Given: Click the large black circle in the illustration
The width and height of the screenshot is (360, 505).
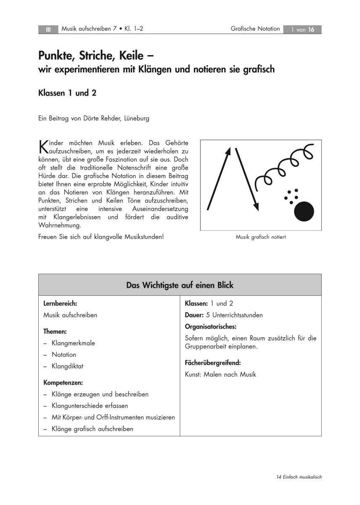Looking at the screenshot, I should click(x=304, y=211).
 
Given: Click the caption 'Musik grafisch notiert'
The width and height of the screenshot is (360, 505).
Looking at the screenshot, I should click(x=261, y=237).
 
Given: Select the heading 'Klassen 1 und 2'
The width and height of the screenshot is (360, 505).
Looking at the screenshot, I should click(x=67, y=93).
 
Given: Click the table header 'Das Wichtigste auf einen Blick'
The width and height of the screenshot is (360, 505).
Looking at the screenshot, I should click(x=180, y=285).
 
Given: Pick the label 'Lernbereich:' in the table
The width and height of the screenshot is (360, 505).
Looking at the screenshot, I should click(x=60, y=303).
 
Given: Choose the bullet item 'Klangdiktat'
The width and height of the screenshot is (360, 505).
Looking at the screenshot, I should click(x=67, y=366).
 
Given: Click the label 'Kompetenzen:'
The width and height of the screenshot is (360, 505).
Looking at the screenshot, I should click(x=63, y=383).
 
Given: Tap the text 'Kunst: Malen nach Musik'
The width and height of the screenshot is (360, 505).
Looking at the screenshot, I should click(x=220, y=374).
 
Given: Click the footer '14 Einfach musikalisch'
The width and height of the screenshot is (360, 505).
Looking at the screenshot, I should click(x=299, y=477).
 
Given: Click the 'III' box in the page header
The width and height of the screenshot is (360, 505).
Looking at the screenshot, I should click(x=48, y=29).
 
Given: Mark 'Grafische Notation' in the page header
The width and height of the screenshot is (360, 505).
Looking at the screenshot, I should click(x=255, y=29).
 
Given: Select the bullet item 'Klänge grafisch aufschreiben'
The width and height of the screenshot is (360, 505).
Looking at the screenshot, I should click(x=92, y=429).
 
